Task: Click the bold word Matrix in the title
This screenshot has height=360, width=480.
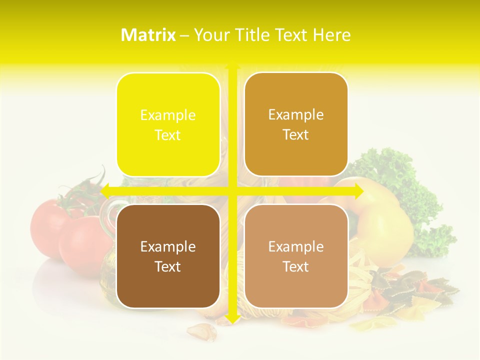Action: click(x=148, y=35)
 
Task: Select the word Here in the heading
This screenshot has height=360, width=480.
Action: click(x=332, y=35)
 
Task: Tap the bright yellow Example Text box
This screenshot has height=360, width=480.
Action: click(x=168, y=124)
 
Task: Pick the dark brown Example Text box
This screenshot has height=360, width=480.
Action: click(x=168, y=256)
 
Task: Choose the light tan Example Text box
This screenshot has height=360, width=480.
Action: click(x=296, y=256)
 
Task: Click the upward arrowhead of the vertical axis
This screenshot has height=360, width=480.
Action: click(x=232, y=64)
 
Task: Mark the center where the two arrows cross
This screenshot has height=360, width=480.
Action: click(x=232, y=191)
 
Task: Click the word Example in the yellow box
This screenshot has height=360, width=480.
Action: click(x=168, y=115)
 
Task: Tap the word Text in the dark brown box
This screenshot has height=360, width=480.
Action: click(x=168, y=266)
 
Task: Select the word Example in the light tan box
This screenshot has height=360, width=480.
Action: click(x=296, y=246)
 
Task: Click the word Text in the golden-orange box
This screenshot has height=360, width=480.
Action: click(x=296, y=134)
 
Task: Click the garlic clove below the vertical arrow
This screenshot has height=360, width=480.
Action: click(x=202, y=331)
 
